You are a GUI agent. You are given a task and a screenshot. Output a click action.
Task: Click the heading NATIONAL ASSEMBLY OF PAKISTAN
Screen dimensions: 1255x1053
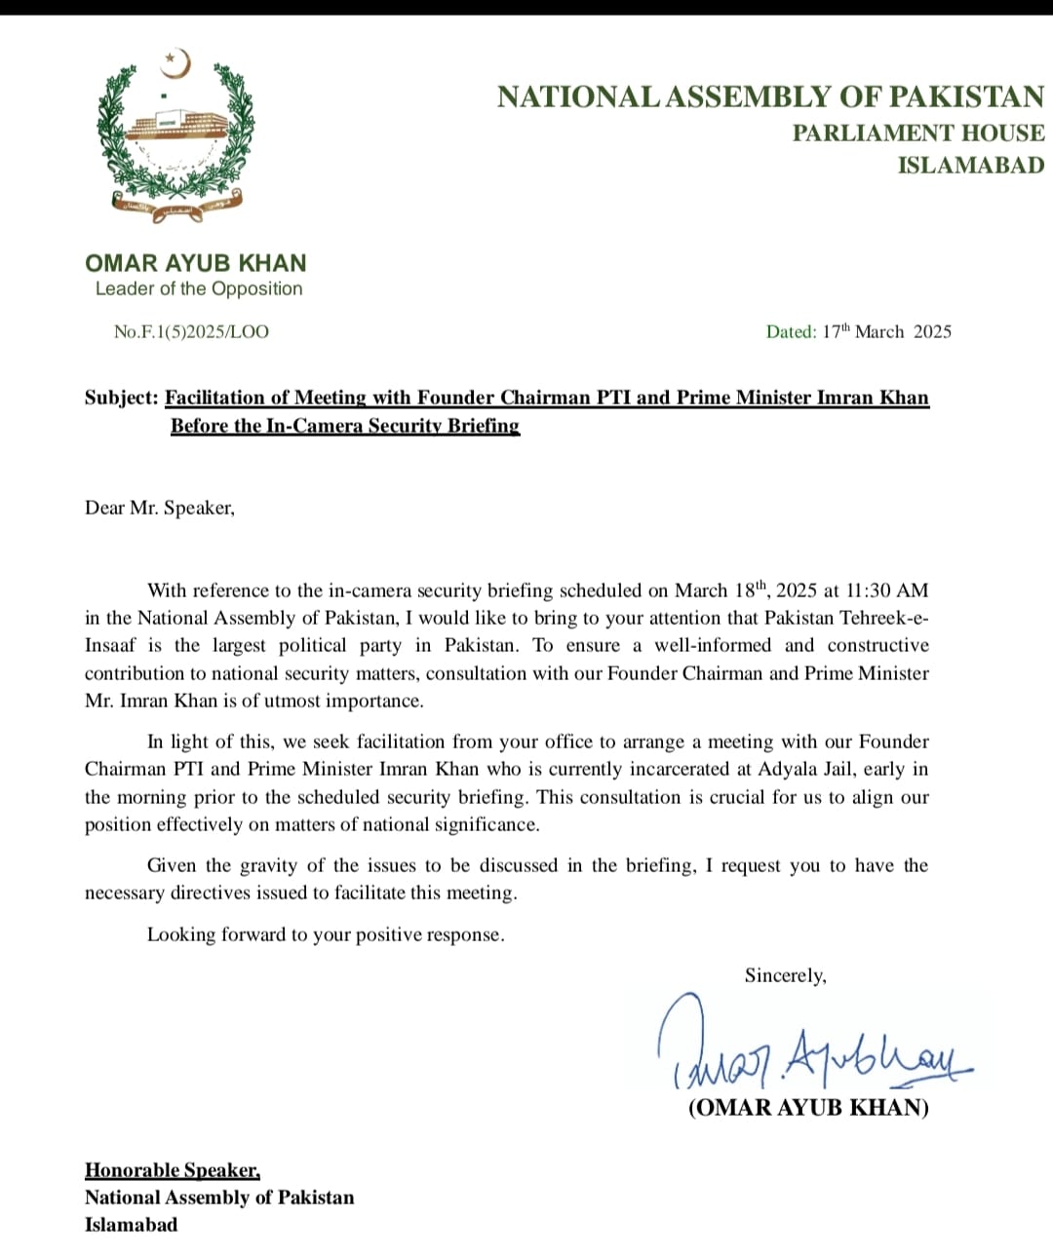click(x=770, y=96)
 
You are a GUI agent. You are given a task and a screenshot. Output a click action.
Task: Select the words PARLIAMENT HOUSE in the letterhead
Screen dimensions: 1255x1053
click(x=917, y=133)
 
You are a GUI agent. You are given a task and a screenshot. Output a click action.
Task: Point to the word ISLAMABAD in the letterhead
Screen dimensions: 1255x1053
click(x=970, y=165)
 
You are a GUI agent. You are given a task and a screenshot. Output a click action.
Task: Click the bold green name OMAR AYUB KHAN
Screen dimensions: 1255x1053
click(x=196, y=263)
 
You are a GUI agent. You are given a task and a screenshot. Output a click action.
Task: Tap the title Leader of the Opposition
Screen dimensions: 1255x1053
click(x=199, y=288)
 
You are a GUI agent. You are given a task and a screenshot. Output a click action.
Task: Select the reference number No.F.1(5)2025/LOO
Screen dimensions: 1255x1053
click(x=191, y=331)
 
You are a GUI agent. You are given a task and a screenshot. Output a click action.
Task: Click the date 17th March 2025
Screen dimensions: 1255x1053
click(x=886, y=331)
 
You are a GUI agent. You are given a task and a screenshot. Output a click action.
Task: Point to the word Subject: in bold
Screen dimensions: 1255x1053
click(x=121, y=398)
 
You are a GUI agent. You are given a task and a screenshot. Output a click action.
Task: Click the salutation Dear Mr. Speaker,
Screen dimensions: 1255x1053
click(x=160, y=508)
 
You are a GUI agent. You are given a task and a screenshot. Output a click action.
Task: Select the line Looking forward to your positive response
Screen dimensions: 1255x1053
click(x=326, y=934)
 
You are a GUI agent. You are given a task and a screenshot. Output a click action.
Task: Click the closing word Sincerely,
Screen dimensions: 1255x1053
click(x=785, y=975)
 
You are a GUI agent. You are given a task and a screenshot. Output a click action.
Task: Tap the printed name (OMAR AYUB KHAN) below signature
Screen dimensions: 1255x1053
click(x=808, y=1108)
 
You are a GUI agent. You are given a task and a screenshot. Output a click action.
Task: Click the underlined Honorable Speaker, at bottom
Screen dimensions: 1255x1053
click(x=173, y=1170)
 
